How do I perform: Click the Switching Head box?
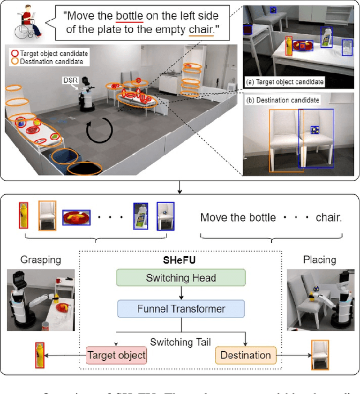181,277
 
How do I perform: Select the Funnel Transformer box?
181,308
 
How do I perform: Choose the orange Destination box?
245,355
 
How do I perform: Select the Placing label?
319,260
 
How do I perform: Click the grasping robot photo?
41,299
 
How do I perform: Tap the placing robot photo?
319,299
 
